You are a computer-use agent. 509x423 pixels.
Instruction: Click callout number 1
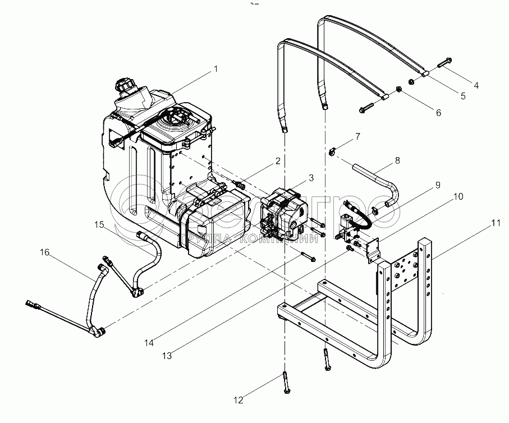coord(215,69)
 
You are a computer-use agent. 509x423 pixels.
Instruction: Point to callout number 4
coord(475,86)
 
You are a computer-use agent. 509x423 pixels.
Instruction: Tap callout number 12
coord(239,400)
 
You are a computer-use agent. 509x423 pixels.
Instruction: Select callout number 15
coord(99,224)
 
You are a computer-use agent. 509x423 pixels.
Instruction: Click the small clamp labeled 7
coord(333,150)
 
